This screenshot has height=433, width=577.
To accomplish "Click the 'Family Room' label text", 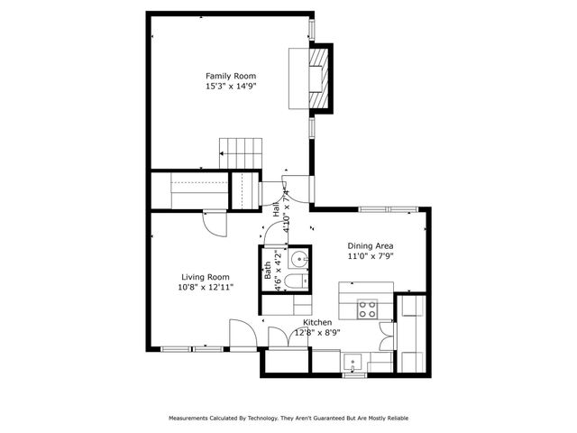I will tap(231, 76).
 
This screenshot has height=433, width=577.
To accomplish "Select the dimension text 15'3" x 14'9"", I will tap(231, 87).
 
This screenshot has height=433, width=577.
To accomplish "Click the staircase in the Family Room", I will tap(241, 152).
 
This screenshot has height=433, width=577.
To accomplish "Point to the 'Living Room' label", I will tap(205, 277).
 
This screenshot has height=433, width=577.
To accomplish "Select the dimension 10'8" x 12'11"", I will tap(205, 288).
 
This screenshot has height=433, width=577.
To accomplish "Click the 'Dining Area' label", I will tap(371, 245).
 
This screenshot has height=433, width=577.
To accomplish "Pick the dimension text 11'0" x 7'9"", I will tap(371, 256).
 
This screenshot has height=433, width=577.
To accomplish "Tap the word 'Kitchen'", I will tap(317, 322).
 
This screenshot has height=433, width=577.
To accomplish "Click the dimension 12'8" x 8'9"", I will tap(316, 332).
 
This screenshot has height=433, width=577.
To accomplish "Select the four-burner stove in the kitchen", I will tap(368, 309).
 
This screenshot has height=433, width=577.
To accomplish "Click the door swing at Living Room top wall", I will tap(213, 223).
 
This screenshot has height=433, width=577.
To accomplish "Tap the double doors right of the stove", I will tap(387, 335).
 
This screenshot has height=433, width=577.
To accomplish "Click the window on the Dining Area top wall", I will tap(386, 209).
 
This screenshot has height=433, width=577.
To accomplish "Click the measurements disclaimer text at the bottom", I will tap(288, 419).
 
